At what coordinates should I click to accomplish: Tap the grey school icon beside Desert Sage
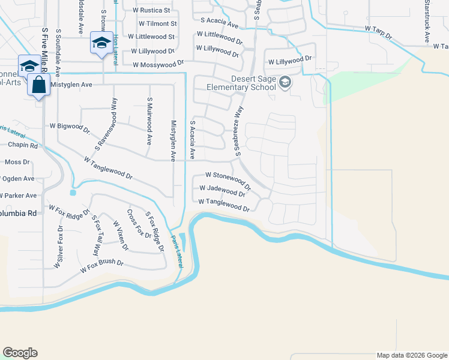(285, 83)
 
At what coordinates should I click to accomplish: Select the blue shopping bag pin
(38, 86)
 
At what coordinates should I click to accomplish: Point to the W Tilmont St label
(157, 23)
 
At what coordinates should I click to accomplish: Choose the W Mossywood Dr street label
(158, 64)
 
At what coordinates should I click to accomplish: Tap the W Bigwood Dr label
(70, 127)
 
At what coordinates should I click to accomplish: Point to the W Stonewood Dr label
(226, 177)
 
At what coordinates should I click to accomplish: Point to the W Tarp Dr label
(378, 32)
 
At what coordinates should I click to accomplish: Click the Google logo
(20, 353)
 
